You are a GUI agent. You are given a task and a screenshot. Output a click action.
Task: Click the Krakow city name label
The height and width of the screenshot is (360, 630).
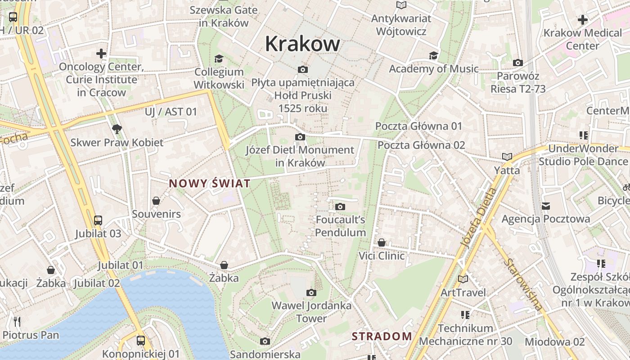point(302,44)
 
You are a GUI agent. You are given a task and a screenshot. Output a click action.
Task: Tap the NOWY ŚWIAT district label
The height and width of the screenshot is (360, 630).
point(209,183)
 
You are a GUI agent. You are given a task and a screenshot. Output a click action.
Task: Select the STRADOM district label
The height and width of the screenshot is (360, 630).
point(382,336)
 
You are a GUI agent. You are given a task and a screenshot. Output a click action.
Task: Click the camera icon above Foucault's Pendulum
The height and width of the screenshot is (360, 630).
point(340,207)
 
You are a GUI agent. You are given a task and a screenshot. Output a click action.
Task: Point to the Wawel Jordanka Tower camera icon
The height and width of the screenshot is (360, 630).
point(311,292)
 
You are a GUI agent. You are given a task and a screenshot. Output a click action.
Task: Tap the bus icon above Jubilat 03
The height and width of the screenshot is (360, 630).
point(98,220)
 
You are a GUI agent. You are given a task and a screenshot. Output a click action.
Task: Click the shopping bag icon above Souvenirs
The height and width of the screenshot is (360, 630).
point(156,201)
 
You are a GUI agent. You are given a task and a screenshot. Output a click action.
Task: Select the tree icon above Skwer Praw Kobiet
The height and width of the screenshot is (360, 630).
point(117,129)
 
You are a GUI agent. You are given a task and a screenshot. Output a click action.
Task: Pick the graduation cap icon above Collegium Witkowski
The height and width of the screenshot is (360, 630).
point(219,58)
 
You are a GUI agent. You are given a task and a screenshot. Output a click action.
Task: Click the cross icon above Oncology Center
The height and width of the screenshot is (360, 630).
point(101,54)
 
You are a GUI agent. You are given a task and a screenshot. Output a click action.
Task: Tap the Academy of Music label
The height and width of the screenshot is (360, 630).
point(433,69)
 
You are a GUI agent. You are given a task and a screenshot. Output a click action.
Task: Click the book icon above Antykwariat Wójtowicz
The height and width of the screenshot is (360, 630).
point(401,5)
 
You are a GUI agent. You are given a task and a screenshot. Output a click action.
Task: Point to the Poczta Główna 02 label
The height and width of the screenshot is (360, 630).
point(421,145)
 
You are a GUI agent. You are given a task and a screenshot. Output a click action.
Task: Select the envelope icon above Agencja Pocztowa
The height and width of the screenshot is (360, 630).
point(546,206)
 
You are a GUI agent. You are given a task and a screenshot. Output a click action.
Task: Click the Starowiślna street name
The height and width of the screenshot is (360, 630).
point(523,284)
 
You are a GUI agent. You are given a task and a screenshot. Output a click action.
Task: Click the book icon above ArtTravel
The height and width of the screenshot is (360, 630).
point(463,279)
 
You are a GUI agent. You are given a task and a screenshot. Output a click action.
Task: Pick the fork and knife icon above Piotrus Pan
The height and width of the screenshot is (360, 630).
point(17,321)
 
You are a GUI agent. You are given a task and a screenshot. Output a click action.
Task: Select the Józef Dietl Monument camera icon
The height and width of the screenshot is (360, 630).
point(300,137)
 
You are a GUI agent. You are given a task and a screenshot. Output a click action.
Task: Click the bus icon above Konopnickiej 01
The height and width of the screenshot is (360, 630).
point(141,340)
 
